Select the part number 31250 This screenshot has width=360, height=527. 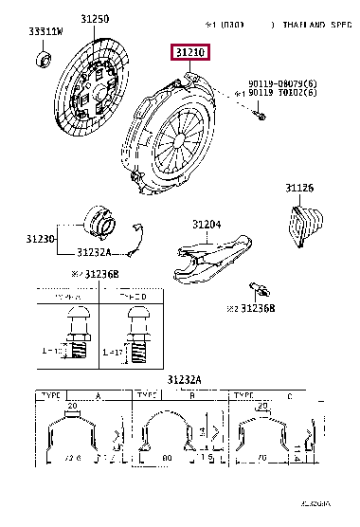point(94,19)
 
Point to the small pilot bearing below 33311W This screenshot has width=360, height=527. point(44,61)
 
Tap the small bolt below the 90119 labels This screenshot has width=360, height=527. point(260,117)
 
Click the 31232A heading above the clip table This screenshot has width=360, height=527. point(185,379)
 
